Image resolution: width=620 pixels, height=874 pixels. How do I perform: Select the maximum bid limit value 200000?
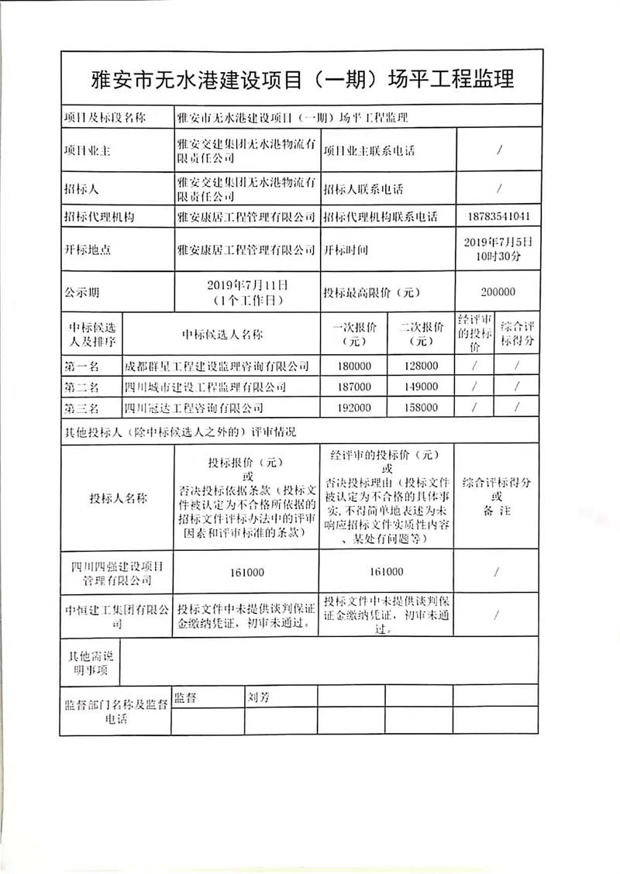[499, 293]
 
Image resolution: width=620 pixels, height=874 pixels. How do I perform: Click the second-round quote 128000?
[419, 366]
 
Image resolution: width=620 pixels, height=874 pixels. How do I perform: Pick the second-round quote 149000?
[419, 387]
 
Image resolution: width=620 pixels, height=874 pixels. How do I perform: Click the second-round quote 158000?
[419, 406]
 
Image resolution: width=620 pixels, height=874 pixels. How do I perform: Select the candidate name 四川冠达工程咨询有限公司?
[194, 406]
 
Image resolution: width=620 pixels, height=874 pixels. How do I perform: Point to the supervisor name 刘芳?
[258, 697]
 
